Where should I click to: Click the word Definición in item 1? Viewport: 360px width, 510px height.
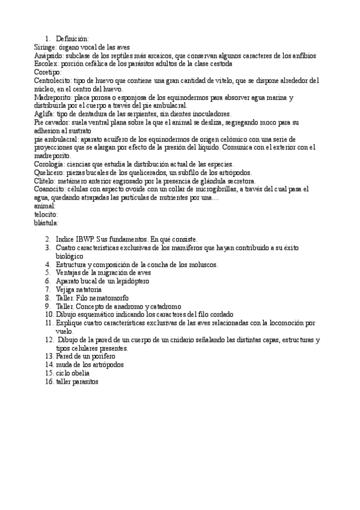coord(72,38)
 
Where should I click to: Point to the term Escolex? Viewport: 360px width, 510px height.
coord(46,63)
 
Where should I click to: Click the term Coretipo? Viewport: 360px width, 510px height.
coord(47,72)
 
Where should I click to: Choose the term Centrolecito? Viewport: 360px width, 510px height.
coord(52,80)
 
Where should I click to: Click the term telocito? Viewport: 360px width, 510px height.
coord(46,214)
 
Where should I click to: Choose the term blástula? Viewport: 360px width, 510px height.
coord(46,223)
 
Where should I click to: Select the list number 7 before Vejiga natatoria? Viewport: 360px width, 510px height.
coord(47,289)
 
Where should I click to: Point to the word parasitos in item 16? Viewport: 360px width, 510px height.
coord(85,382)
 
